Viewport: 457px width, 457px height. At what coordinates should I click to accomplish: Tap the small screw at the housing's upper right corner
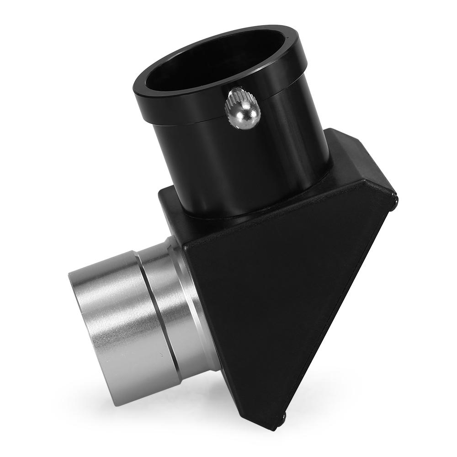point(394,197)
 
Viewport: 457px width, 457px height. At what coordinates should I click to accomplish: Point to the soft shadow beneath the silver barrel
point(151,398)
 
